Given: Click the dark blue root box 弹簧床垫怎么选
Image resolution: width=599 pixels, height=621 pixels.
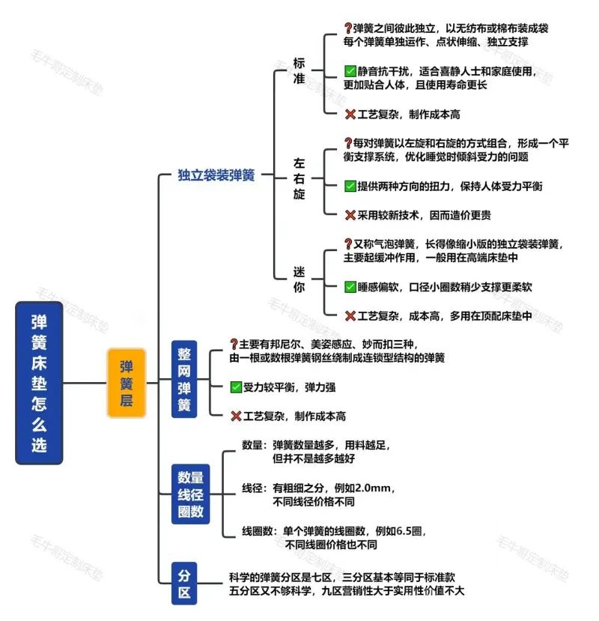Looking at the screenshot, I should (39, 382).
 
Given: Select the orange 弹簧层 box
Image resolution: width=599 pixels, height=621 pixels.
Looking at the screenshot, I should (126, 382).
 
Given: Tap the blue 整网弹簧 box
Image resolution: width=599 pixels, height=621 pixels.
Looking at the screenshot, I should (184, 378).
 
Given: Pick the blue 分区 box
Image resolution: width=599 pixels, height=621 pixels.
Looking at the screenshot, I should (184, 584).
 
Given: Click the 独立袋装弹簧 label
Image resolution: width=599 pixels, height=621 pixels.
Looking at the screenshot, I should (216, 175).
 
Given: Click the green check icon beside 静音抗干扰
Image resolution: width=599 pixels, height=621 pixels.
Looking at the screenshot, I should (350, 72).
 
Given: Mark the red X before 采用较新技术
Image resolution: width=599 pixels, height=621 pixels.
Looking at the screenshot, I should (350, 215).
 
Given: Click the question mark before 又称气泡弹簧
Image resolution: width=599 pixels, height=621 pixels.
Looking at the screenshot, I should (347, 243).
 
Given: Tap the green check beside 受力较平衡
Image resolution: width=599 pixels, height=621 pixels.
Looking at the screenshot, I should (236, 387).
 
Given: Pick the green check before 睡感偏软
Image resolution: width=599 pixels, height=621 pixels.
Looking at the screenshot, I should (350, 287).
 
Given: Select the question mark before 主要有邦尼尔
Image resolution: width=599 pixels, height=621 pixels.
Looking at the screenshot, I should (234, 344).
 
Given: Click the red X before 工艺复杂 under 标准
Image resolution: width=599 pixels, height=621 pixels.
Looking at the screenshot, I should (350, 115).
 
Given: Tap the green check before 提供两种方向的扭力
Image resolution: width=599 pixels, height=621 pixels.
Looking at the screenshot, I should (350, 186).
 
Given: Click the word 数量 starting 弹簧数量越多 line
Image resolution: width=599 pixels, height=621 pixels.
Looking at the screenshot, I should (253, 445).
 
